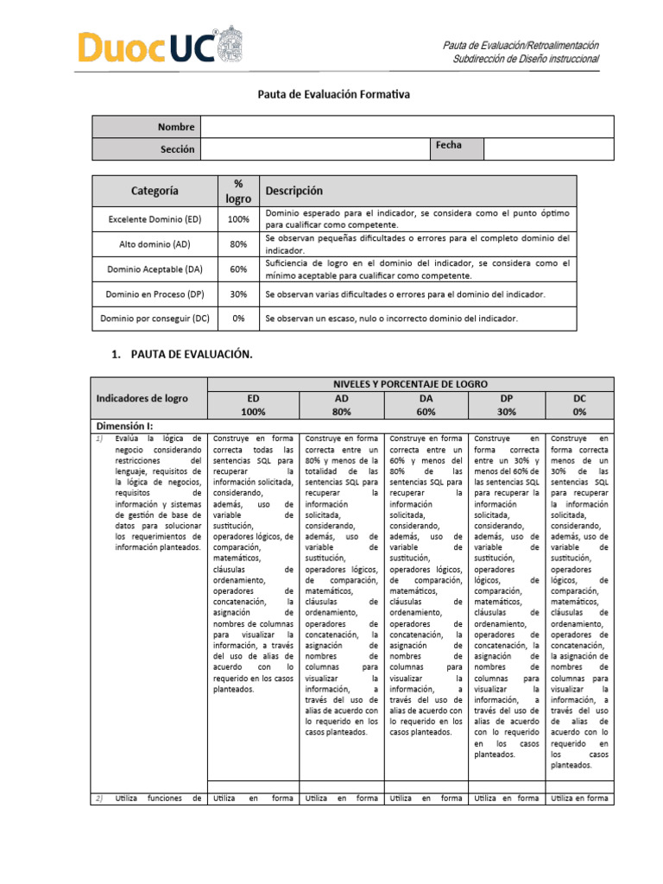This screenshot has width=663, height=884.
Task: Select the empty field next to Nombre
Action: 406,127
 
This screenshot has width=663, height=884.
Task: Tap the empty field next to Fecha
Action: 548,148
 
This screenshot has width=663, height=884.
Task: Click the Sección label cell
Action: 146,149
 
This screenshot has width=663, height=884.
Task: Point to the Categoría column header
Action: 155,190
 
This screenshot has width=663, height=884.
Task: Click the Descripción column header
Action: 294,190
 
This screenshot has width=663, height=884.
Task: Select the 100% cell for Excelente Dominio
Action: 238,219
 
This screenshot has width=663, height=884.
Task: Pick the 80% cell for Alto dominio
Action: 238,244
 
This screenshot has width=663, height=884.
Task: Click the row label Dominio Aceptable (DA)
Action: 155,269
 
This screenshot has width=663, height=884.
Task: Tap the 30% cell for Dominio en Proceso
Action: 238,294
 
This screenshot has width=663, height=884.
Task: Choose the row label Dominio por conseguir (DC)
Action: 155,319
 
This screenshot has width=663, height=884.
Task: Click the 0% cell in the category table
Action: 238,319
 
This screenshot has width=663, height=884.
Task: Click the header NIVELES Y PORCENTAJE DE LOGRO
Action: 411,383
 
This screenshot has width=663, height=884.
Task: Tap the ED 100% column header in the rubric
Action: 253,405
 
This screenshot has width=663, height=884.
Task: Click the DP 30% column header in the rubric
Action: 507,405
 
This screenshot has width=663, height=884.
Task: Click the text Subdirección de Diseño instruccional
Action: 526,59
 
